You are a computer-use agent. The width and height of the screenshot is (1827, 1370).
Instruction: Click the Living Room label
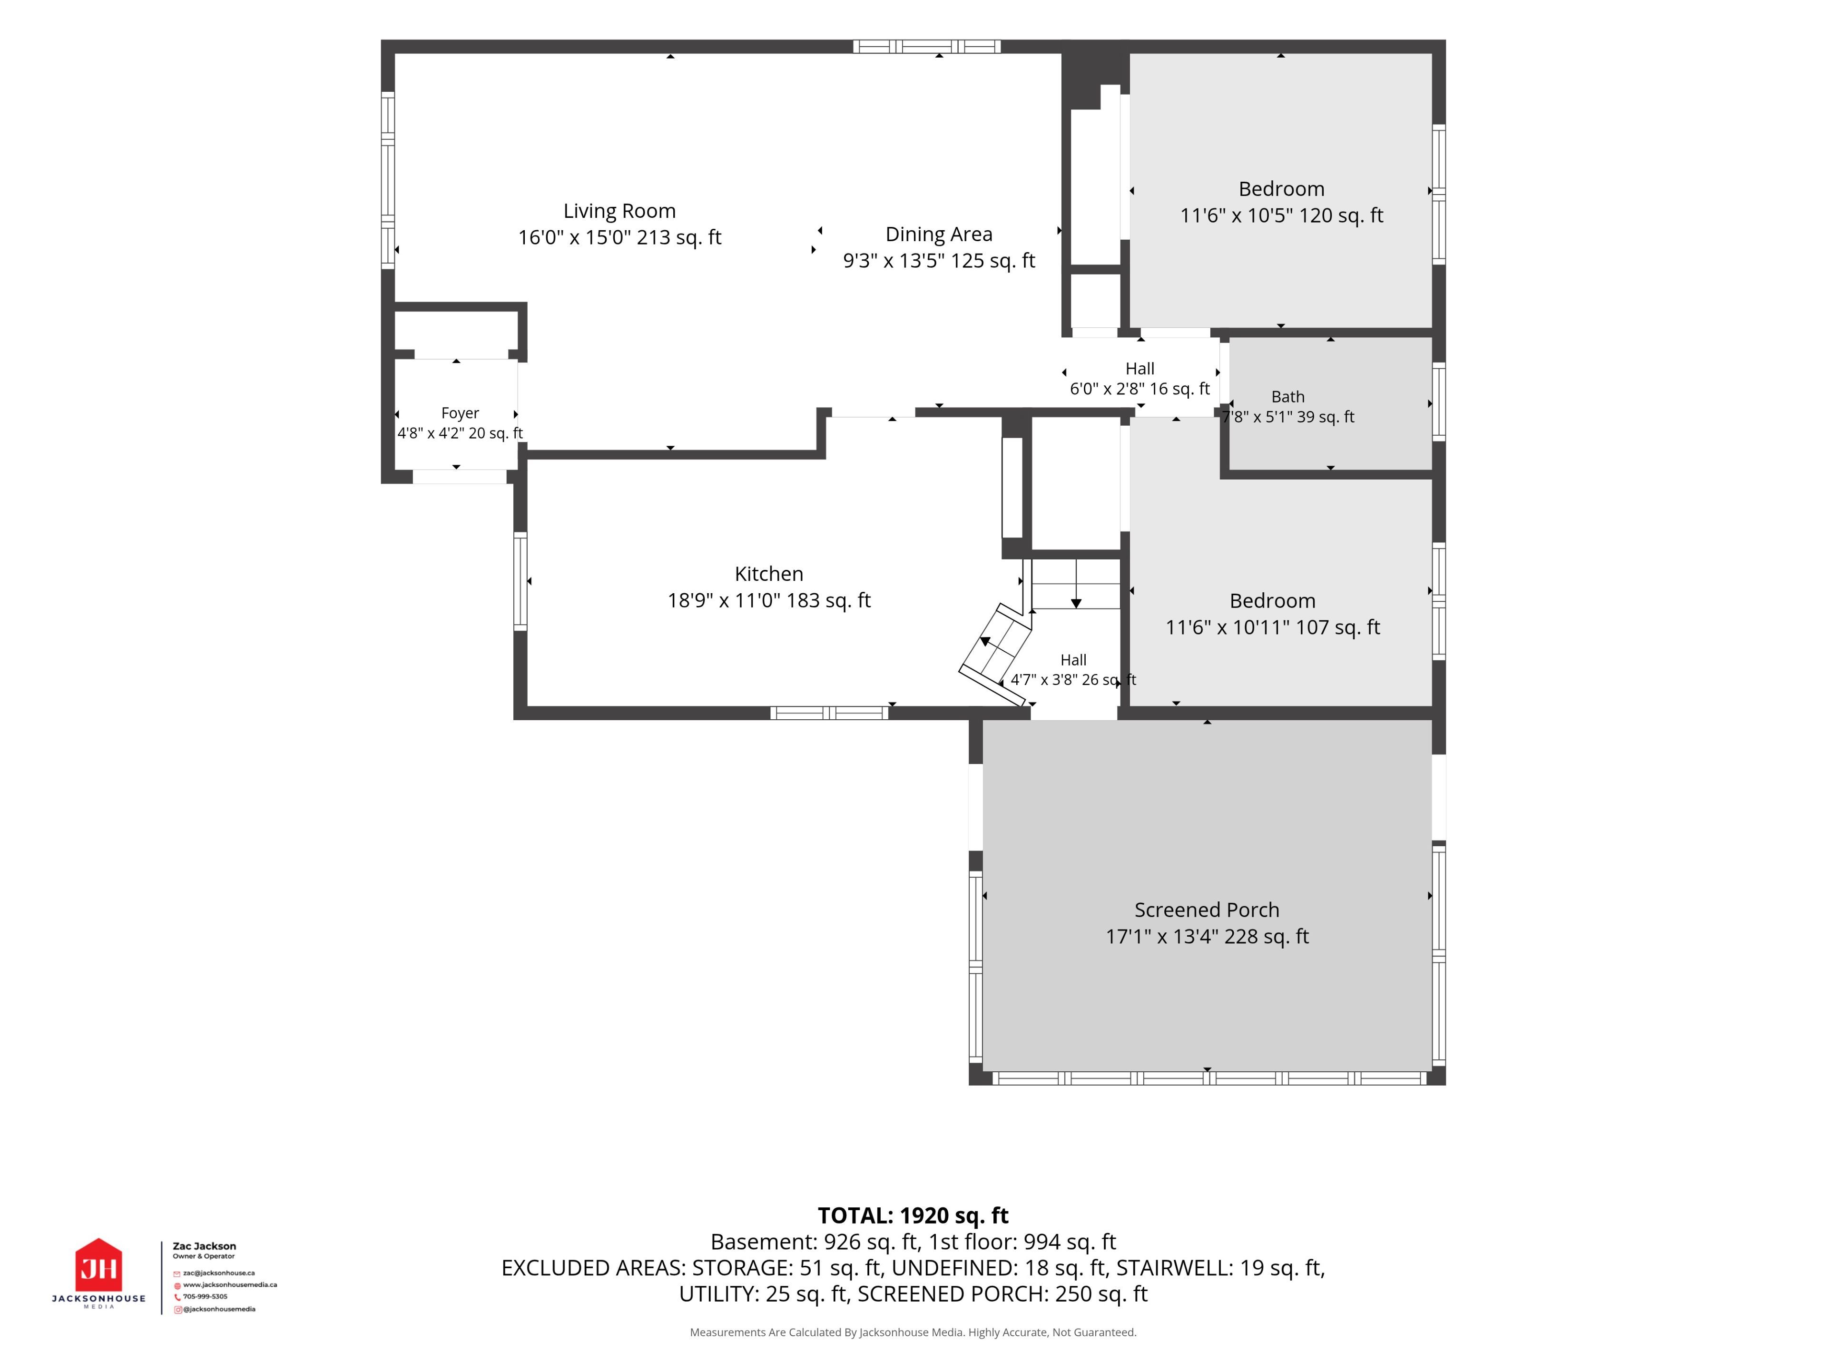tap(619, 211)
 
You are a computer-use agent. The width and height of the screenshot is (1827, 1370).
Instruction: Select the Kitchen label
tap(769, 574)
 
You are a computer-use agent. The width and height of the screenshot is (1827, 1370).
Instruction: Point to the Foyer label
tap(460, 413)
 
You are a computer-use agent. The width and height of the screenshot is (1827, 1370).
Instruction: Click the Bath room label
tap(1287, 397)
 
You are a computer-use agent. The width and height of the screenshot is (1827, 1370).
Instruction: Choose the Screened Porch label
tap(1207, 910)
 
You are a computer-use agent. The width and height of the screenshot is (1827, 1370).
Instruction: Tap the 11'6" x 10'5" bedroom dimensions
tap(1281, 215)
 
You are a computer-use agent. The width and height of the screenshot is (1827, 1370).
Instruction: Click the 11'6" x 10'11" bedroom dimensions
tap(1272, 627)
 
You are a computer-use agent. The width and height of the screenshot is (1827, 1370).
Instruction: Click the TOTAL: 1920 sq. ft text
tap(913, 1215)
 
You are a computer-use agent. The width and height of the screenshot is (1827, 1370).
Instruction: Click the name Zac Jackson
tap(204, 1246)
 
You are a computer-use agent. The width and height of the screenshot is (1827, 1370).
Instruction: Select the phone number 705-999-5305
tap(206, 1296)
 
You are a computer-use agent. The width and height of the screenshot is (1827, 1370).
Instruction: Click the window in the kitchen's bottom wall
tap(829, 713)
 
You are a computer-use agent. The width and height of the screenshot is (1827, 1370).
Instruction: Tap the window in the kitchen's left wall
tap(521, 581)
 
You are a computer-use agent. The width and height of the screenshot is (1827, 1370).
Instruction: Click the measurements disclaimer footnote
tap(913, 1332)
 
